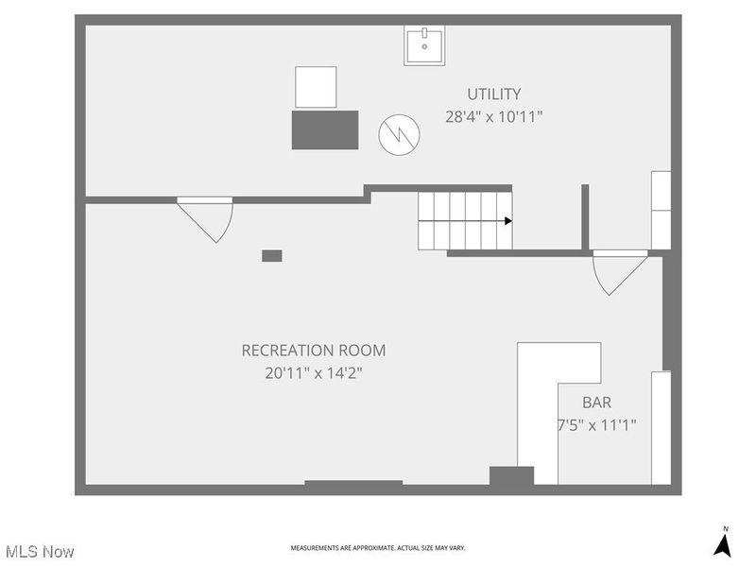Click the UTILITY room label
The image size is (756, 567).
(493, 94)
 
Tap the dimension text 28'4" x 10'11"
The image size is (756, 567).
(493, 117)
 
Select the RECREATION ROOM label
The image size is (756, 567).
(314, 350)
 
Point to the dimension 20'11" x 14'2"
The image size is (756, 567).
(314, 373)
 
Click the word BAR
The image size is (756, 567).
(596, 402)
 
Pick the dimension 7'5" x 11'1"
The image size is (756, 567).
(596, 425)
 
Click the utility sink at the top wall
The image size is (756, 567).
(425, 45)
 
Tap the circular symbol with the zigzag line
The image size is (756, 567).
(397, 135)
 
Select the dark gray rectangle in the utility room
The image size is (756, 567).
(325, 129)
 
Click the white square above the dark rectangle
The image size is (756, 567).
(316, 87)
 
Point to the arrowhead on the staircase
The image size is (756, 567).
(507, 221)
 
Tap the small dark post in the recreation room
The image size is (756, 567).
(271, 255)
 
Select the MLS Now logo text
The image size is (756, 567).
(40, 551)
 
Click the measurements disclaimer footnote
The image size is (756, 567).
(378, 548)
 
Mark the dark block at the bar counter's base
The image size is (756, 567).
(511, 475)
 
